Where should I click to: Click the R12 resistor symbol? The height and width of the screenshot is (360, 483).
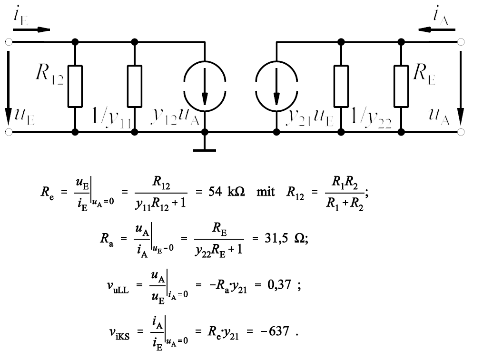[75, 86]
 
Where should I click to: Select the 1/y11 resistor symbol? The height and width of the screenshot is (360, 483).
[135, 86]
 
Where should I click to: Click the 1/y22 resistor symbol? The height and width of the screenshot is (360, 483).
[341, 86]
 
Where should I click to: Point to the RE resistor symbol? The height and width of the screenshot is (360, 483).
[401, 86]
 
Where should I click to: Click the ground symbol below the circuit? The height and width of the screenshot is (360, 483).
[205, 150]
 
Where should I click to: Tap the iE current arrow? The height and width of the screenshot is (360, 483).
[31, 29]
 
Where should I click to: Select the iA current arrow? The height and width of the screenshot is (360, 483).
[436, 29]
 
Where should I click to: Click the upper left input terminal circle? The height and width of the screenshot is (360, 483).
[9, 41]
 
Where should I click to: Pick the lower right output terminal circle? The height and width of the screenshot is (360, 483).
[461, 132]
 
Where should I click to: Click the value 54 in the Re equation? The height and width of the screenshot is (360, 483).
[215, 192]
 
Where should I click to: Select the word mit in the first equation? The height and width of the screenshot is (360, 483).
[266, 192]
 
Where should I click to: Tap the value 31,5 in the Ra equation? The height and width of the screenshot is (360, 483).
[276, 238]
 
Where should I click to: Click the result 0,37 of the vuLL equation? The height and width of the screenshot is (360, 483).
[279, 284]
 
